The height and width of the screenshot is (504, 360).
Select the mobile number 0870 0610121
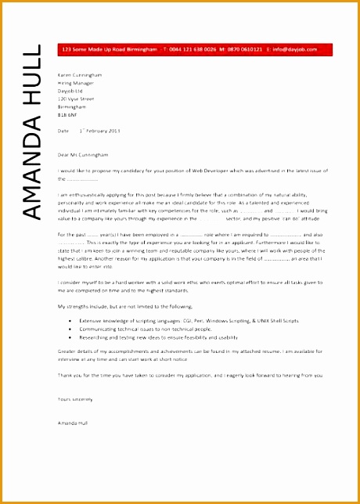click(243, 49)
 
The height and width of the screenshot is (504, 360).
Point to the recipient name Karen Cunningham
click(80, 74)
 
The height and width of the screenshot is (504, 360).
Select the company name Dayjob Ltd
click(70, 92)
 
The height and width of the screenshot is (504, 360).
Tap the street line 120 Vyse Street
click(76, 100)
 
